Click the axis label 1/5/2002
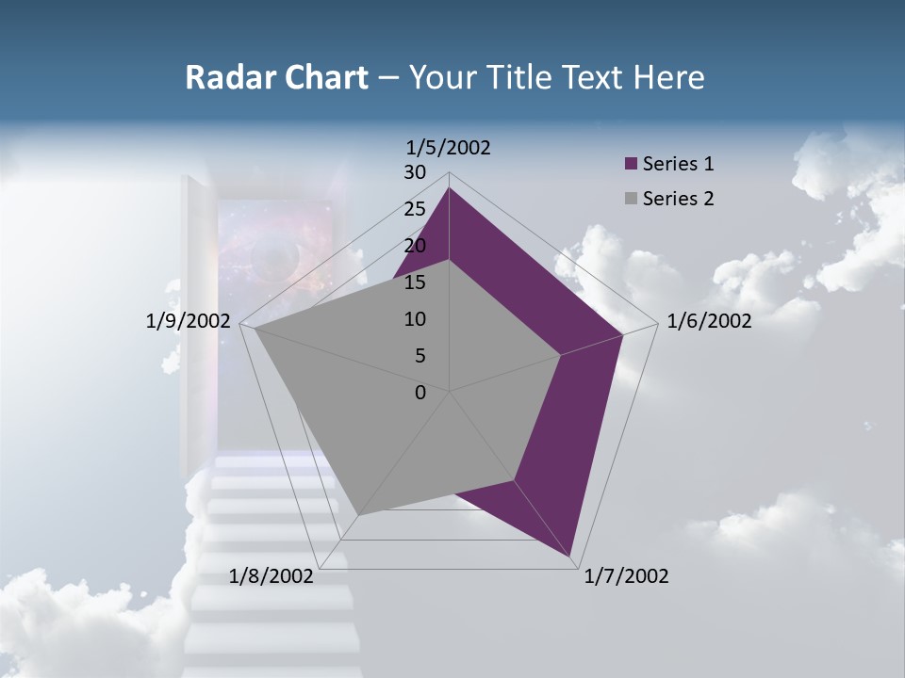[449, 147]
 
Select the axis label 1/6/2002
[709, 321]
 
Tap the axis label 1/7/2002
[626, 576]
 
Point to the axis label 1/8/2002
[271, 576]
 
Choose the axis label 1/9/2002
[188, 321]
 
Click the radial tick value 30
[415, 172]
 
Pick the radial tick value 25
[415, 209]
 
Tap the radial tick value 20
[415, 246]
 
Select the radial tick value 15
[415, 282]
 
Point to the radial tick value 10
[415, 319]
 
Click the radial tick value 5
[420, 356]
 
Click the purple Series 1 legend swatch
[632, 164]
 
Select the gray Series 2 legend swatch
[632, 199]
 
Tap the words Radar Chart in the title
[276, 77]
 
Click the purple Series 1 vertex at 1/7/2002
[571, 557]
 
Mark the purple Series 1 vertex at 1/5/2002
[449, 187]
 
